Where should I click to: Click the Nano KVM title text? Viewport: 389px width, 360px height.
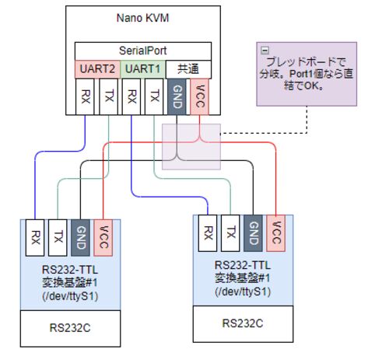pyautogui.click(x=142, y=18)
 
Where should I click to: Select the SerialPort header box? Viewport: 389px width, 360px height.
pyautogui.click(x=143, y=51)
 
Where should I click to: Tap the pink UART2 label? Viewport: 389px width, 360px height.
pyautogui.click(x=97, y=69)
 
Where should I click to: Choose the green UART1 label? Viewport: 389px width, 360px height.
pyautogui.click(x=143, y=69)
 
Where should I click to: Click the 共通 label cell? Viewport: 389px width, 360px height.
pyautogui.click(x=188, y=69)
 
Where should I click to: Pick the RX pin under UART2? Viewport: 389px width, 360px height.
pyautogui.click(x=85, y=96)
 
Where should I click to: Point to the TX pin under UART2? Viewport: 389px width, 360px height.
pyautogui.click(x=108, y=96)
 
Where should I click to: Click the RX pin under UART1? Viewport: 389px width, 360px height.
pyautogui.click(x=131, y=96)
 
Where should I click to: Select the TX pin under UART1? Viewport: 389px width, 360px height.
pyautogui.click(x=154, y=96)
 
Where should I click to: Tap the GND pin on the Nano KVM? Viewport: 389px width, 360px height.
pyautogui.click(x=177, y=96)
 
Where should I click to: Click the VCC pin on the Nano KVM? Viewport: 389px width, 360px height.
pyautogui.click(x=199, y=96)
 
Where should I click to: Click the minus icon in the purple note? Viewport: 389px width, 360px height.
pyautogui.click(x=265, y=50)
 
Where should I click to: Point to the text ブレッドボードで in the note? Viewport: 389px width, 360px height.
pyautogui.click(x=306, y=62)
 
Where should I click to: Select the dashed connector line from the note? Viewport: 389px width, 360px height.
pyautogui.click(x=307, y=133)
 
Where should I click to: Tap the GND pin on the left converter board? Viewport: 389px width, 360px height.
pyautogui.click(x=80, y=238)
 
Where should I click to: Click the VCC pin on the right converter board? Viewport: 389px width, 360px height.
pyautogui.click(x=275, y=233)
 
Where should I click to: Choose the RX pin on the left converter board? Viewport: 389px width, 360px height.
pyautogui.click(x=35, y=238)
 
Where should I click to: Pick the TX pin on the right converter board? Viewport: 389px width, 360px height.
pyautogui.click(x=230, y=233)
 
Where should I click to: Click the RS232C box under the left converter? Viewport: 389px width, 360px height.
pyautogui.click(x=70, y=328)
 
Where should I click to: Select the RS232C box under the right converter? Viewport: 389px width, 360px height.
pyautogui.click(x=243, y=324)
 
